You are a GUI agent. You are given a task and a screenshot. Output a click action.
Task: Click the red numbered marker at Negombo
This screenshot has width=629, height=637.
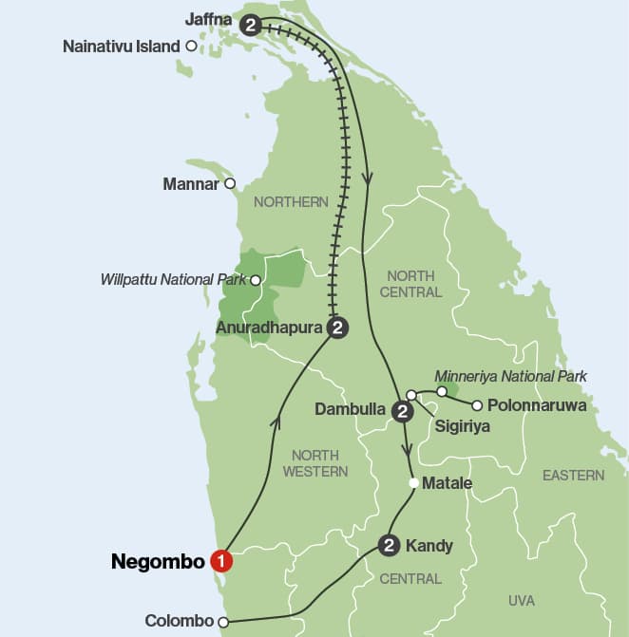pyautogui.click(x=221, y=561)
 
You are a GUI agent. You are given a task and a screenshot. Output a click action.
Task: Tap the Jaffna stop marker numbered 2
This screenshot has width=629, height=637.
pyautogui.click(x=251, y=26)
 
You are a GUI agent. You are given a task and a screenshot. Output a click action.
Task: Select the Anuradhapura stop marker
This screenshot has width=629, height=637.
pyautogui.click(x=336, y=328)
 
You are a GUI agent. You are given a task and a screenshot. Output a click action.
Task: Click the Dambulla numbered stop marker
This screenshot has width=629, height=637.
pyautogui.click(x=403, y=411)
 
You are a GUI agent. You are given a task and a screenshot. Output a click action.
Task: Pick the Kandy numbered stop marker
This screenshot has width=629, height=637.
pyautogui.click(x=388, y=545)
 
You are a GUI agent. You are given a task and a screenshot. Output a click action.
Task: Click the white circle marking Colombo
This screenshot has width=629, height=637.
pyautogui.click(x=223, y=623)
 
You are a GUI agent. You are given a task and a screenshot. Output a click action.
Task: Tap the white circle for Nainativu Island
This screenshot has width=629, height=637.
pyautogui.click(x=192, y=46)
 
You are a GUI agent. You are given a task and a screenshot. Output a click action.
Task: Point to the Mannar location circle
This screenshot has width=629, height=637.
pyautogui.click(x=229, y=184)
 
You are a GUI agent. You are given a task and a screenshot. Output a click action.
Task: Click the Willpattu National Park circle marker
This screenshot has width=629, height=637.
pyautogui.click(x=255, y=280)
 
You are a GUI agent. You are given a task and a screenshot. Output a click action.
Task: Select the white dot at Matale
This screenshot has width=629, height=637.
pyautogui.click(x=412, y=483)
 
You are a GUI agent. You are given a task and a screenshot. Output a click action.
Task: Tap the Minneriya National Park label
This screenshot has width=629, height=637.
pyautogui.click(x=510, y=377)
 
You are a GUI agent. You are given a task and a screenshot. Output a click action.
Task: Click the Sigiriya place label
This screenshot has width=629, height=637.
pyautogui.click(x=462, y=427)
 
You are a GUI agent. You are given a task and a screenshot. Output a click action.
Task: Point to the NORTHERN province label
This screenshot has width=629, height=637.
pyautogui.click(x=291, y=201)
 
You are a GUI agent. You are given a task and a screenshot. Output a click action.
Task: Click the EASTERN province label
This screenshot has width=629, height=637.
pyautogui.click(x=573, y=475)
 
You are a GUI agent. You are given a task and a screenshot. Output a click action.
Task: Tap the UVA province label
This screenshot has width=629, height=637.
pyautogui.click(x=522, y=600)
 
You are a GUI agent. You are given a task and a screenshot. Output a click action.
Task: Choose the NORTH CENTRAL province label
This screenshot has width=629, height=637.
pyautogui.click(x=410, y=284)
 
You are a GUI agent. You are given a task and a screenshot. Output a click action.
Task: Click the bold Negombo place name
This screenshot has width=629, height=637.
pyautogui.click(x=158, y=561)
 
